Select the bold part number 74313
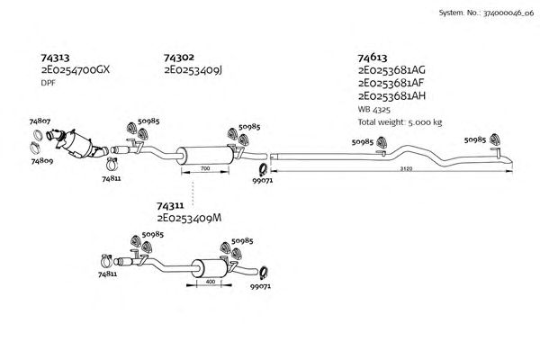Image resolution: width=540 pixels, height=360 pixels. (x=57, y=57)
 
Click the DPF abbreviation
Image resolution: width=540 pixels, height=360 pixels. (x=49, y=83)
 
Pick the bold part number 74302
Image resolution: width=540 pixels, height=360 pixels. (x=179, y=57)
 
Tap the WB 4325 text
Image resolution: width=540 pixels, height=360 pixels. (x=373, y=109)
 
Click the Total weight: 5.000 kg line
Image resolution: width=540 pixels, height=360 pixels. (x=400, y=121)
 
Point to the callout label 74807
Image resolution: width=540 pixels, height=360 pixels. (x=40, y=120)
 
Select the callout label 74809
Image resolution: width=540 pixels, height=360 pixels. (x=40, y=162)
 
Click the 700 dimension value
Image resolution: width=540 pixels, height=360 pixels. (x=205, y=168)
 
